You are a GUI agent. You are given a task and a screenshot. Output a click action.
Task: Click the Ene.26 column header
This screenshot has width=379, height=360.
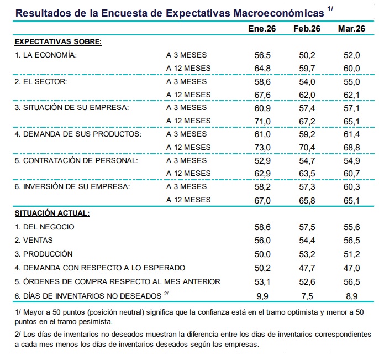click(262, 29)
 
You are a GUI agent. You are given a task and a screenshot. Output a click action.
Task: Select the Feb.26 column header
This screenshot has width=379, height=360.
click(307, 29)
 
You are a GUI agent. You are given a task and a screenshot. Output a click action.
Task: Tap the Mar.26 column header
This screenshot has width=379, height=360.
click(351, 29)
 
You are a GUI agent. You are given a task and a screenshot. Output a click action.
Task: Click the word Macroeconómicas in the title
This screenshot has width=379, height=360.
click(278, 13)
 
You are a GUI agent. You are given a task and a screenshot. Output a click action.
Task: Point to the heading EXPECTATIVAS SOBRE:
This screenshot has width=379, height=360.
click(58, 41)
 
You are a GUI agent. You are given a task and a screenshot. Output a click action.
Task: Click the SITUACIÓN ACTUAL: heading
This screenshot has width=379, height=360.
click(52, 213)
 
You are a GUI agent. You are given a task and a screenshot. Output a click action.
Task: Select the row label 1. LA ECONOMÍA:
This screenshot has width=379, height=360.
click(46, 55)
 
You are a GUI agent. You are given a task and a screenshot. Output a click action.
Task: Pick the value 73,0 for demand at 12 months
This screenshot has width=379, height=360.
click(262, 147)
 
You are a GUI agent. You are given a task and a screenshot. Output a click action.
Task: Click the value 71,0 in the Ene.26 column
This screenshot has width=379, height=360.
click(262, 121)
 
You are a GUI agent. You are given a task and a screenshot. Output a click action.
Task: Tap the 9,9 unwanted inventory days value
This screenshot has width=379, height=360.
click(262, 296)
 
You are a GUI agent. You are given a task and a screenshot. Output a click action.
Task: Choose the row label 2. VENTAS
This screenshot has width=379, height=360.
click(34, 240)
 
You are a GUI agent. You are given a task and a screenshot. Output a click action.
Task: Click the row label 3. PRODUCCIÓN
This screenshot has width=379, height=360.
click(44, 254)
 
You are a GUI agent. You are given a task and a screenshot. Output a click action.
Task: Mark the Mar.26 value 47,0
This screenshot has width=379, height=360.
click(352, 268)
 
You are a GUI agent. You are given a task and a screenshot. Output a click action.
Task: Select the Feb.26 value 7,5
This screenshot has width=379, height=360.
click(307, 296)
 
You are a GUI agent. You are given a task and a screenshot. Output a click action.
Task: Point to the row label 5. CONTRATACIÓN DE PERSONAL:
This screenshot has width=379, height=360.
click(76, 160)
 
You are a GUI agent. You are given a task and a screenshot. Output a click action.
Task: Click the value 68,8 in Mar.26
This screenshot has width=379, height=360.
click(352, 147)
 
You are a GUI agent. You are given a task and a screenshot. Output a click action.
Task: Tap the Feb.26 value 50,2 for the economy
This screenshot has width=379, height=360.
click(307, 55)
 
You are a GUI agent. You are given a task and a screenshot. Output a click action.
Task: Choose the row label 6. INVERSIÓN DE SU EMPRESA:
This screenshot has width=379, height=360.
click(72, 187)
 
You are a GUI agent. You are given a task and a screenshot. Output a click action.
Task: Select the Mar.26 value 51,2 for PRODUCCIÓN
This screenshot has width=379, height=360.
click(352, 254)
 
